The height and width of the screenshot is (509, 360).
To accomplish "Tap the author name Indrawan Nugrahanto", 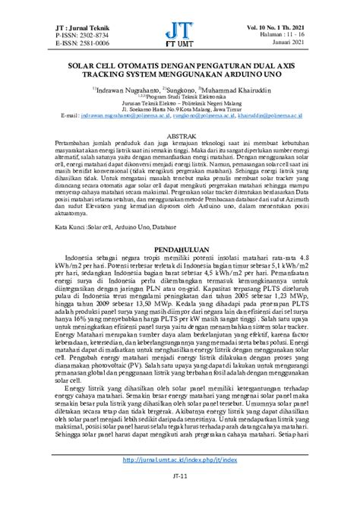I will pyautogui.click(x=132, y=89).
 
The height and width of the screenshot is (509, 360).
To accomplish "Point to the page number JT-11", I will pyautogui.click(x=180, y=499).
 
